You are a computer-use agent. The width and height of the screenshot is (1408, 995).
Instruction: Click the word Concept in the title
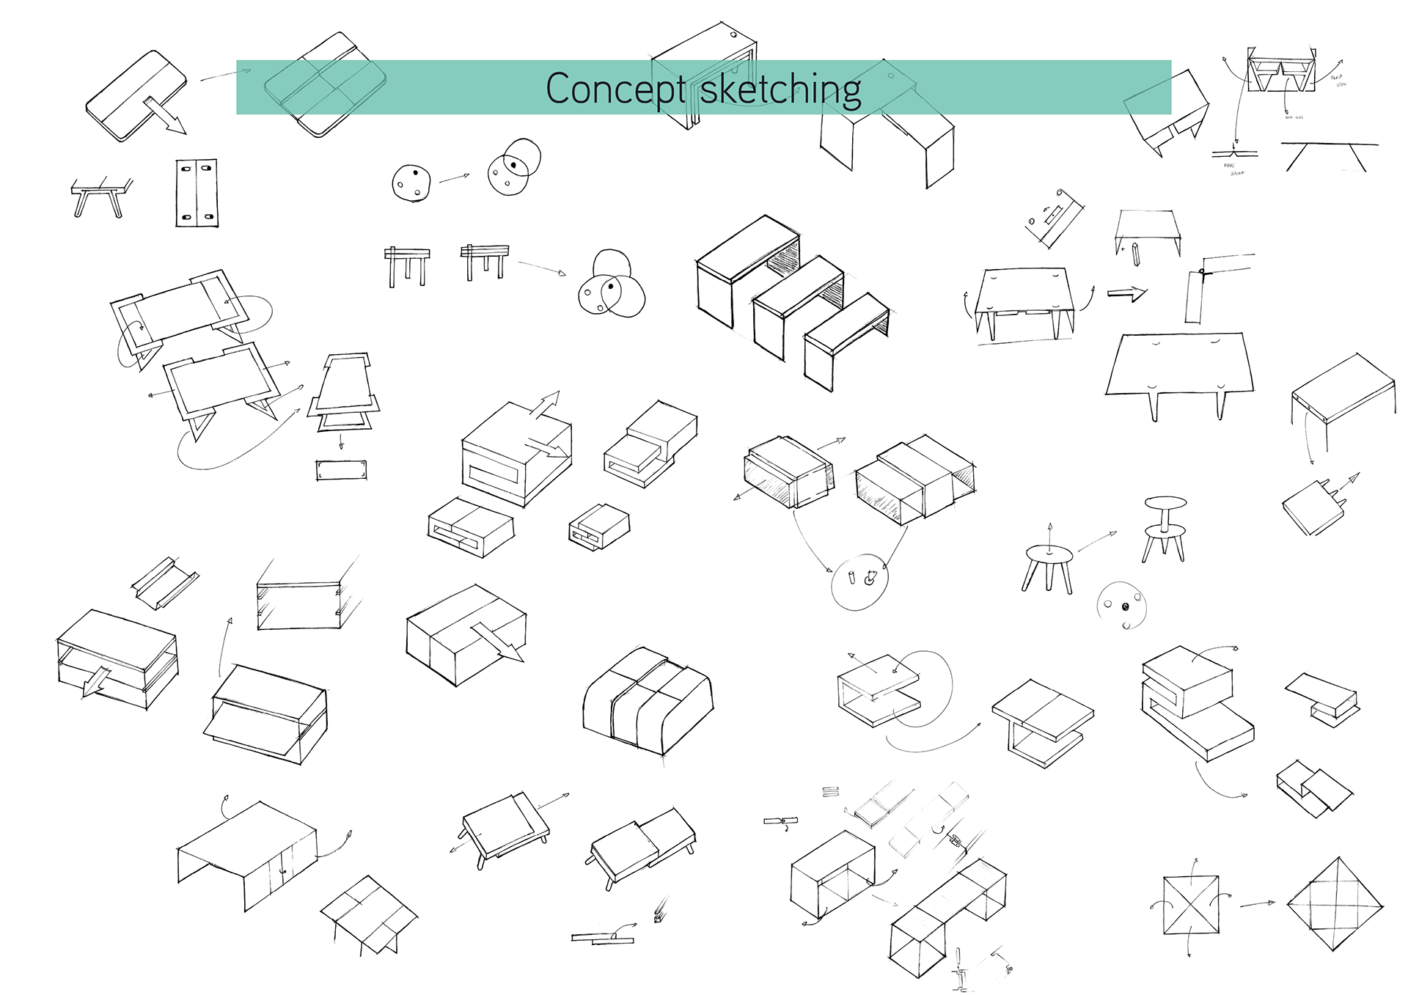click(615, 89)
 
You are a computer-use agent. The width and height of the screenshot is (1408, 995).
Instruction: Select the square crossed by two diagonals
click(1191, 905)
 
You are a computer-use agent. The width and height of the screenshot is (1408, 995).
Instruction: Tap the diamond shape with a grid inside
click(1335, 904)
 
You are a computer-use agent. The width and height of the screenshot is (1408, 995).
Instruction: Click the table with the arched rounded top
click(648, 701)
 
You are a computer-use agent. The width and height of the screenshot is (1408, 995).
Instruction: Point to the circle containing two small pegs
click(859, 581)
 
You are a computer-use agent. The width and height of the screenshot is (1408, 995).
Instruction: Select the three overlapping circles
click(611, 286)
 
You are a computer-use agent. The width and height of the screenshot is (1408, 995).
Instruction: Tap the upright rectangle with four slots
click(196, 192)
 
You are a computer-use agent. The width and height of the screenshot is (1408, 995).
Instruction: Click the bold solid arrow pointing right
click(1126, 294)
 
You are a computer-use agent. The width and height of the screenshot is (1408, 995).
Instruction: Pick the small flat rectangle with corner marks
click(341, 470)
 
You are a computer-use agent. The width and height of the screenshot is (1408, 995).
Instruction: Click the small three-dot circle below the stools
click(1121, 606)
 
